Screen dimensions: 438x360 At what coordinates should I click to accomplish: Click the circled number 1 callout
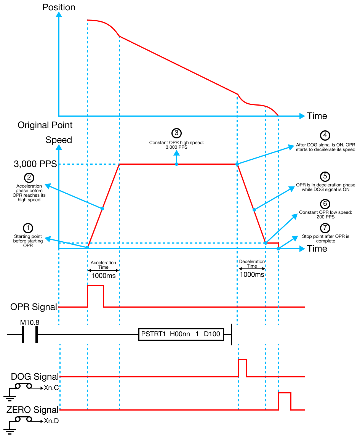pyautogui.click(x=27, y=228)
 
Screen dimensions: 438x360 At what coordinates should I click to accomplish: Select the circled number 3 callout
pyautogui.click(x=176, y=133)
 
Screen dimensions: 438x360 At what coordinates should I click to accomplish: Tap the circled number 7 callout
pyautogui.click(x=325, y=228)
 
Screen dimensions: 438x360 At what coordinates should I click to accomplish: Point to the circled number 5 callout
pyautogui.click(x=325, y=176)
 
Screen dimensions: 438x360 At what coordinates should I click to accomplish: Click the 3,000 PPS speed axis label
pyautogui.click(x=35, y=164)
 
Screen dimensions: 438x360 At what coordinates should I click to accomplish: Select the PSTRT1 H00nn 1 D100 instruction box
pyautogui.click(x=181, y=334)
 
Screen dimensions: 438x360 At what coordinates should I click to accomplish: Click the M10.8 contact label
pyautogui.click(x=29, y=323)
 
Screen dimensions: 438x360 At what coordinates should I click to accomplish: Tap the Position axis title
pyautogui.click(x=59, y=7)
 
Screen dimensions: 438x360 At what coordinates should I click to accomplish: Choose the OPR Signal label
pyautogui.click(x=34, y=307)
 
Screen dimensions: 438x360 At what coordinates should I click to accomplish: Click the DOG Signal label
pyautogui.click(x=35, y=377)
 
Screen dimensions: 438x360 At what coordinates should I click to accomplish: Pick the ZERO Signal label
pyautogui.click(x=33, y=410)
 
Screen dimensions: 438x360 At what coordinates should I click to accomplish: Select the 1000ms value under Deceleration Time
pyautogui.click(x=252, y=274)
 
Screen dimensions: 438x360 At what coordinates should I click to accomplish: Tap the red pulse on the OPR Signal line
pyautogui.click(x=95, y=296)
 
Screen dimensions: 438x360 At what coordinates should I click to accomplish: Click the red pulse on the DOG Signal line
pyautogui.click(x=242, y=368)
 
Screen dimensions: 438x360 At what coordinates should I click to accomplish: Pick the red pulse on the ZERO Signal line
pyautogui.click(x=285, y=401)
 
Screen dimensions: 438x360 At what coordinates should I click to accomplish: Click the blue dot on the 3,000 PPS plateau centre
pyautogui.click(x=176, y=164)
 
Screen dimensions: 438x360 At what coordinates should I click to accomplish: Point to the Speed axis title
pyautogui.click(x=59, y=140)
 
